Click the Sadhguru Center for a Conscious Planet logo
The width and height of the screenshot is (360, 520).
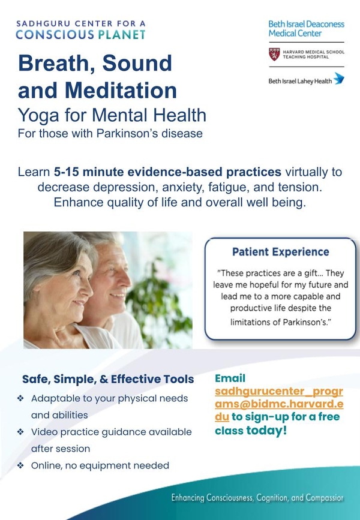coord(80,29)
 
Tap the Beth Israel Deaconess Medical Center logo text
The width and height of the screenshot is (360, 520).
coord(306,29)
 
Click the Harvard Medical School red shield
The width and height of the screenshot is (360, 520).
coord(274,55)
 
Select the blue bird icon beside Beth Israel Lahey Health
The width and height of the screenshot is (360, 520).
coord(339,79)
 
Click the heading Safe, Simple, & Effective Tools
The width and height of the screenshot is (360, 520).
coord(108,379)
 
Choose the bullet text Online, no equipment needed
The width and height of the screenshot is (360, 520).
coord(100,465)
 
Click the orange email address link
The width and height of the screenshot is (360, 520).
coord(278,404)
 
